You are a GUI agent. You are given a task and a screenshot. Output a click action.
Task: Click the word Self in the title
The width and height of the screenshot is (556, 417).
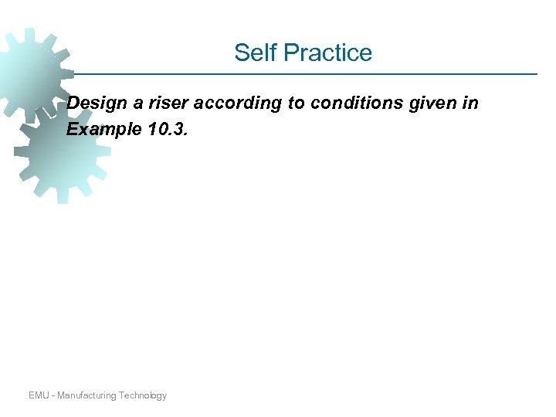254,53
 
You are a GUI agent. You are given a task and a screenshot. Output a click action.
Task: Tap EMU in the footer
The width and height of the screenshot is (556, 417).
39,395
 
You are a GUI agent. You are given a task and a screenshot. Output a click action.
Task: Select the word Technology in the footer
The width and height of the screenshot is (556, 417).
144,395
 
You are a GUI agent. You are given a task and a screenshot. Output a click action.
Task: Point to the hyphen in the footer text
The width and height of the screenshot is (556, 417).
53,395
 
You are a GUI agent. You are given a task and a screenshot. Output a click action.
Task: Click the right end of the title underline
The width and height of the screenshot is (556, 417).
536,74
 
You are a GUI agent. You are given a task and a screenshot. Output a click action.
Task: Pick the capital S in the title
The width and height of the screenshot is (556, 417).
241,53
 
